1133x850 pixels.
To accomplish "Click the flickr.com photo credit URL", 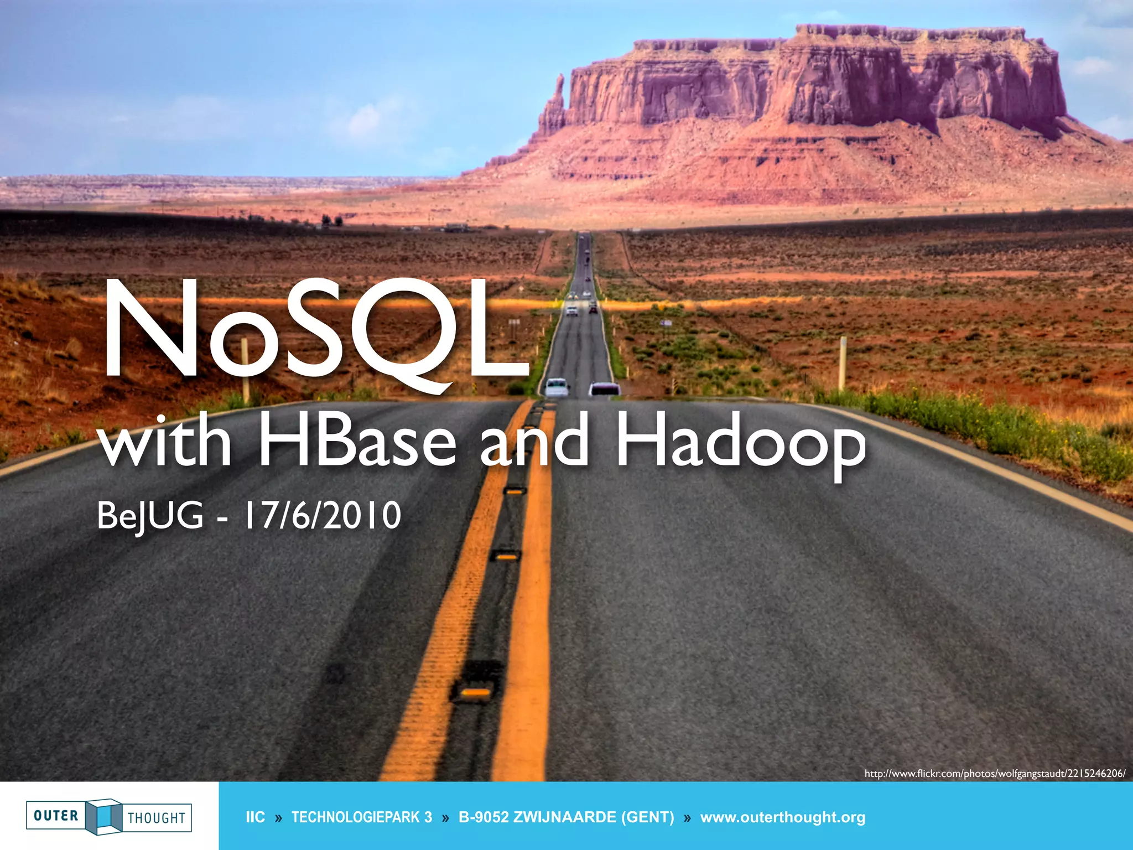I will (x=995, y=774).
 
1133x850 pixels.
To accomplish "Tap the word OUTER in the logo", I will (x=56, y=816).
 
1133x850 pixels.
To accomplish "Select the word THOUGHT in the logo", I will (x=157, y=818).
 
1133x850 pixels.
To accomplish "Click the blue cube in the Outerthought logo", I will (x=104, y=816).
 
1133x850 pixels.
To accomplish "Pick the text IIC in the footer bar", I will (x=255, y=817).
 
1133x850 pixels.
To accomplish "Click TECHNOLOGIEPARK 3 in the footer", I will (x=362, y=817).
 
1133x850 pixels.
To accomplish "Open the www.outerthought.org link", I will (x=782, y=817).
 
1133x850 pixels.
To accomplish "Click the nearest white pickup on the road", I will (x=556, y=387).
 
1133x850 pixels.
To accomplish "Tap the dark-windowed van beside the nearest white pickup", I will (x=604, y=389).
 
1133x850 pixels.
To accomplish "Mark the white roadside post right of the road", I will (x=843, y=362).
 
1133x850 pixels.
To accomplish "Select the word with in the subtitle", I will (x=164, y=443).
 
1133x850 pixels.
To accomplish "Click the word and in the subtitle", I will (x=534, y=443).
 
